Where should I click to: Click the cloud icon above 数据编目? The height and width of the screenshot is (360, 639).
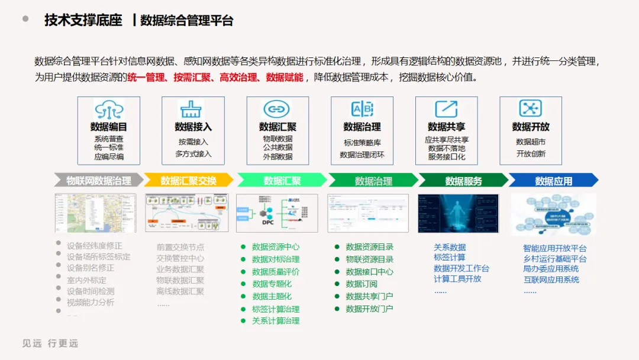pos(109,110)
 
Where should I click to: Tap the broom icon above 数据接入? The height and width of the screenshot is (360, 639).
pos(193,110)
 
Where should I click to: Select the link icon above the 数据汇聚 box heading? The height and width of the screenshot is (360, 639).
pos(277,110)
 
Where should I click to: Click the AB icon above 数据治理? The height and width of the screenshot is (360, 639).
pos(362,110)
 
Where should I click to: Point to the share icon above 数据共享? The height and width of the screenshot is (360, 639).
pos(446,109)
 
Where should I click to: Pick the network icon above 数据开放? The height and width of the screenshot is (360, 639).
pos(530,108)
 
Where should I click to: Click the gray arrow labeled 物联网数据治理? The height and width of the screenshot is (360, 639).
pos(98,181)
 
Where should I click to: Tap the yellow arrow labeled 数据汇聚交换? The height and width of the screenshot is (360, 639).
pos(189,181)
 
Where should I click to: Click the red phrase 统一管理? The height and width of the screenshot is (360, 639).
pos(146,78)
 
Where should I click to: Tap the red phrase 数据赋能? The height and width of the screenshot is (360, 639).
pos(285,78)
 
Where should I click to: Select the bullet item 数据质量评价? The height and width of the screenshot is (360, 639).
pos(276,272)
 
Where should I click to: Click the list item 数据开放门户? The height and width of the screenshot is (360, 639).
pos(369,308)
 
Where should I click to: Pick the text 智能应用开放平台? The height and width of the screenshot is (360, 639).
pos(555,249)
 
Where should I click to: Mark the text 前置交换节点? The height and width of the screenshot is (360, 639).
pos(180,247)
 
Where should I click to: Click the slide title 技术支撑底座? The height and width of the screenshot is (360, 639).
pos(83,21)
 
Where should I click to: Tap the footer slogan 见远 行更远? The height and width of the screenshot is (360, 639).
pos(50,343)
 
